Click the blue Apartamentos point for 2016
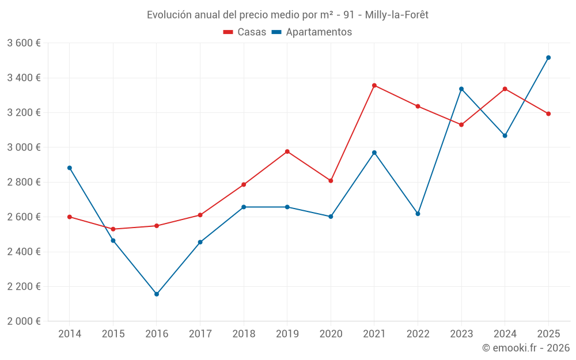click(157, 294)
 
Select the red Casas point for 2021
click(374, 85)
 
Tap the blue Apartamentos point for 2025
click(548, 58)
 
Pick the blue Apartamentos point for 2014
click(70, 168)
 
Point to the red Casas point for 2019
click(287, 151)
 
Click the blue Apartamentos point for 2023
click(461, 89)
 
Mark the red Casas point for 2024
click(505, 89)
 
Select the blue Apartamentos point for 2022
click(418, 214)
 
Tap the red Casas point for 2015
click(113, 229)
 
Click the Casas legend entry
click(245, 32)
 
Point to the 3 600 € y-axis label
click(24, 43)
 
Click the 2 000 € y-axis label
click(24, 321)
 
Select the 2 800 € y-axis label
click(24, 182)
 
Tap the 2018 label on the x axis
click(244, 334)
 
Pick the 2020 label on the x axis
click(331, 334)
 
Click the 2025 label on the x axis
click(548, 334)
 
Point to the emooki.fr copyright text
click(526, 348)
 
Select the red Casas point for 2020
click(331, 181)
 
